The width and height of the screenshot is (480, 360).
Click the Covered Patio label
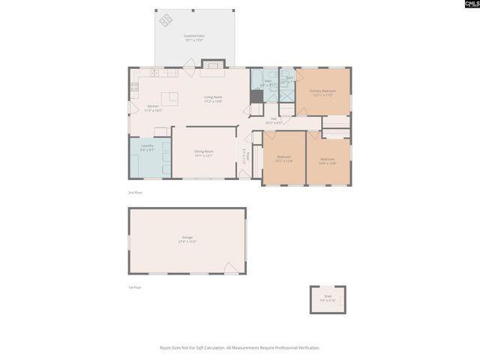(194, 37)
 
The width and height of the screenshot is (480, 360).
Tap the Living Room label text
(213, 98)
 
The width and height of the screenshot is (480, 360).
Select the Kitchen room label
(153, 108)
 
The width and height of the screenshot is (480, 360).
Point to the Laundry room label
(147, 148)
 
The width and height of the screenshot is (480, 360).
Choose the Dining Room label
(204, 154)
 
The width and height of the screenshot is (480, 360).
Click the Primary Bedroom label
(322, 92)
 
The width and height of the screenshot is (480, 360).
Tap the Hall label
(274, 120)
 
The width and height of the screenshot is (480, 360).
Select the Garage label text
(187, 240)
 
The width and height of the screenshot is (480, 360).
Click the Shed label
(328, 298)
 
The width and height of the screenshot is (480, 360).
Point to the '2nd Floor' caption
(135, 193)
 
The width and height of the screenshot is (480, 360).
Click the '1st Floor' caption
(134, 287)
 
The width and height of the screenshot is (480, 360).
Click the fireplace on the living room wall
(213, 66)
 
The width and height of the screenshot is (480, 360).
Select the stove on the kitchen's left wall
(133, 86)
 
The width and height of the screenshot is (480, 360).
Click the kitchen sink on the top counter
(154, 73)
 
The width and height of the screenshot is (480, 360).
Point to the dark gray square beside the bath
(256, 96)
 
